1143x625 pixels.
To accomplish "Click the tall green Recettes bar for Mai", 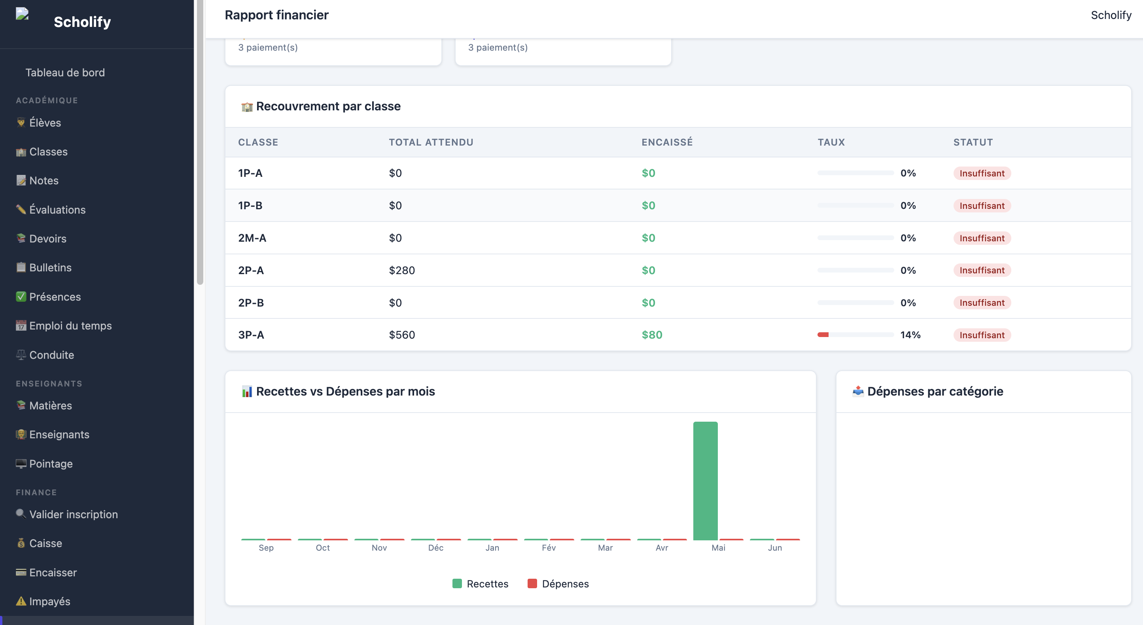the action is [705, 481].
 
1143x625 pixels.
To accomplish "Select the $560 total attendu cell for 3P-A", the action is [402, 335].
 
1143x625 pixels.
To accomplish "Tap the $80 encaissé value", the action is [652, 335].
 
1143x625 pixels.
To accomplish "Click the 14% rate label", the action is [910, 335].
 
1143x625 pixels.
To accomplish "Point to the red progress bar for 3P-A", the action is [823, 335].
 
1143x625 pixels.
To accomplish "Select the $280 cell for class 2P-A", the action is [402, 270].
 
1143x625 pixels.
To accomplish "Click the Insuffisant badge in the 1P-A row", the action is [982, 173].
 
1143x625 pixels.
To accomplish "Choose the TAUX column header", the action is [831, 142].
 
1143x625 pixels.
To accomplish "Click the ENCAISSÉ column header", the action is [667, 142].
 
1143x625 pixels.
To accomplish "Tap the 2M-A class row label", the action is [252, 238].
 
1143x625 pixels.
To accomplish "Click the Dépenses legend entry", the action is [558, 584].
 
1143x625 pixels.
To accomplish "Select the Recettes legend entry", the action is [480, 584].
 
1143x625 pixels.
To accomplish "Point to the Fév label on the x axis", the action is [549, 548].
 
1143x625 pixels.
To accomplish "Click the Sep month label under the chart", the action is [266, 548].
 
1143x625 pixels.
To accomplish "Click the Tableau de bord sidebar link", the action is [65, 72].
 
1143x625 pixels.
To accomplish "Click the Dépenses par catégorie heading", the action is [935, 391].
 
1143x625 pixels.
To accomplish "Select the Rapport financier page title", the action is [276, 15].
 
